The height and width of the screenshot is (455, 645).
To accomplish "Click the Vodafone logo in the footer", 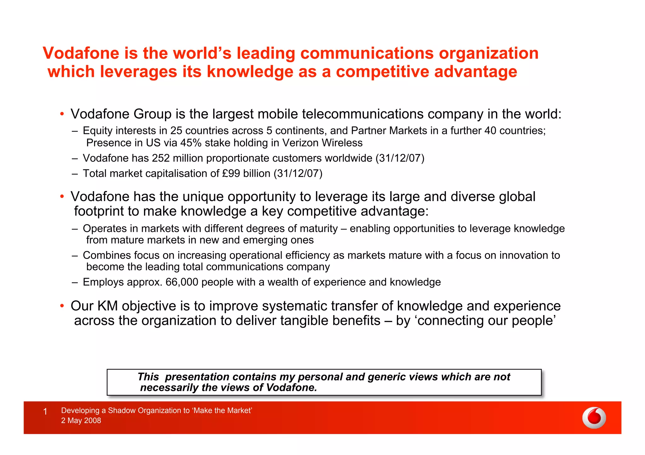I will (594, 418).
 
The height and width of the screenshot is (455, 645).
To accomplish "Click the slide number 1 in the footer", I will (45, 412).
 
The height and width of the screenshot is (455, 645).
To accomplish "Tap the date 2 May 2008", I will (81, 421).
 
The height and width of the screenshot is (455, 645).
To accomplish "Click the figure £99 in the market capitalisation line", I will (231, 174).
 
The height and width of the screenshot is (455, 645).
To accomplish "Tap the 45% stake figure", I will (191, 143).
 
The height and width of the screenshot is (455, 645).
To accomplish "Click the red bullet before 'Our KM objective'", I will (62, 306).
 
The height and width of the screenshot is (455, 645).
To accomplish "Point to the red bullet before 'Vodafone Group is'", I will (62, 114).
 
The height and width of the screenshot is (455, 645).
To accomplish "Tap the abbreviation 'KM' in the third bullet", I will (107, 306).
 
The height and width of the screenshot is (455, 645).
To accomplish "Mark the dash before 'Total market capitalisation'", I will (75, 174).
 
